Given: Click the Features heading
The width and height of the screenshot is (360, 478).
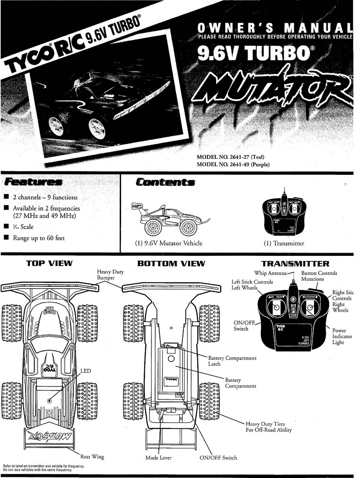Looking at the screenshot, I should tap(32, 182).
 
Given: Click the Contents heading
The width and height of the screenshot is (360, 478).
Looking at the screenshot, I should tap(165, 182).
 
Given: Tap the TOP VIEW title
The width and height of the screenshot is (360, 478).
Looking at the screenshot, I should tap(49, 263).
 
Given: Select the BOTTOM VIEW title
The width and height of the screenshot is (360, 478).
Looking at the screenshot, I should tap(171, 263).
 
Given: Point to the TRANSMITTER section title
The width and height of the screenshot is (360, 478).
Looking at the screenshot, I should tap(295, 264).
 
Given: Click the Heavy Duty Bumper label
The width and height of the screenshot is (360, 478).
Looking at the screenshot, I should tap(110, 275).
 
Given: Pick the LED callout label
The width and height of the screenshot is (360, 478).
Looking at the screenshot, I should tap(86, 371).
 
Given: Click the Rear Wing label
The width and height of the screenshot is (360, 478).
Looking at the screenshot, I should tap(92, 457).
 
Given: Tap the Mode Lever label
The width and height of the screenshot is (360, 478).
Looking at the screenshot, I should tap(158, 458).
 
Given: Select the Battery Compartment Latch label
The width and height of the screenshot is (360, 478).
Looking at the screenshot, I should tap(232, 361).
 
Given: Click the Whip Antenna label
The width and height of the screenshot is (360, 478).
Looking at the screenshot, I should tap(270, 273).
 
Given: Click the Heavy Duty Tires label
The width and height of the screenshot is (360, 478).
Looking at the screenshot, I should tap(269, 427).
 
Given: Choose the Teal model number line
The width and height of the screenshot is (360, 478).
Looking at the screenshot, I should tap(230, 157).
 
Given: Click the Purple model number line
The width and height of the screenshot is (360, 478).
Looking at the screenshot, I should tap(233, 164).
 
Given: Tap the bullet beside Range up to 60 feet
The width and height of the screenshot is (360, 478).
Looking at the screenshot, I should tap(6, 238).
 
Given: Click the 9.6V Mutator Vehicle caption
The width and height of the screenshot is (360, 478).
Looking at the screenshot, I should tap(168, 243).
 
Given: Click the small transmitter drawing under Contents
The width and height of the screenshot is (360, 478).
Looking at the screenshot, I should tap(284, 214).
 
